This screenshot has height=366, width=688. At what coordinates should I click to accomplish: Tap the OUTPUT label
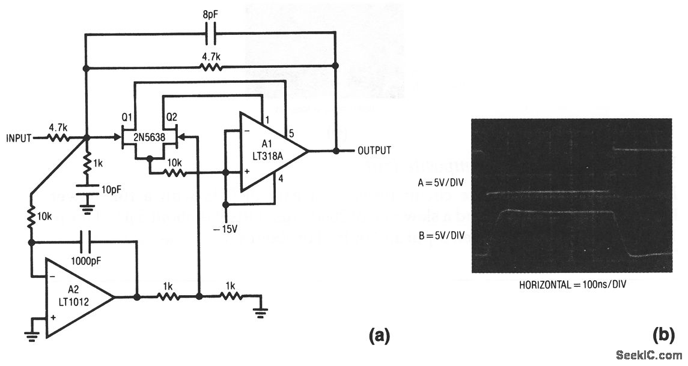374,150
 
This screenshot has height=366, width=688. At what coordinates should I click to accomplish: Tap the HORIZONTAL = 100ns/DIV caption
573,284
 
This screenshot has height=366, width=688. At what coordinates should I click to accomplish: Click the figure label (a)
379,336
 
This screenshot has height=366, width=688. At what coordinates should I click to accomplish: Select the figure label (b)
664,336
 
